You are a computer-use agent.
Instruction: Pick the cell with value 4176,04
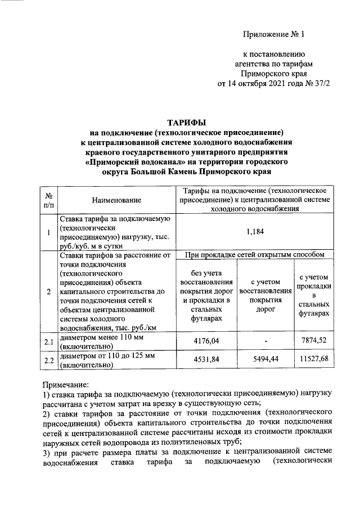(205, 341)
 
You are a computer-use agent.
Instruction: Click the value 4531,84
(205, 360)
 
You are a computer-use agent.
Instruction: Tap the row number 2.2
(48, 360)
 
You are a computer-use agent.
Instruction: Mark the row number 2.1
(48, 341)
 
